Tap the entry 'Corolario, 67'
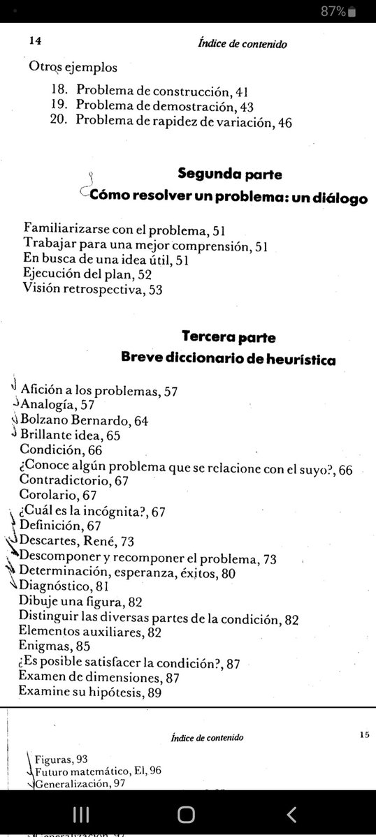coord(59,496)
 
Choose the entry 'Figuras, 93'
coord(60,760)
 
